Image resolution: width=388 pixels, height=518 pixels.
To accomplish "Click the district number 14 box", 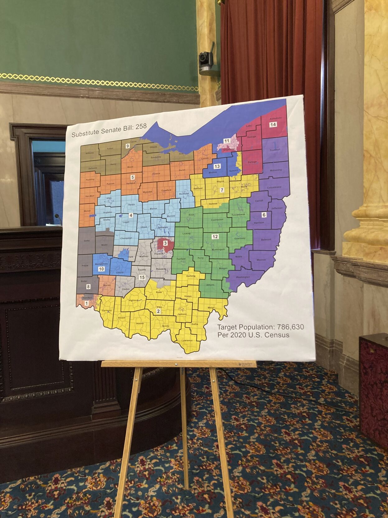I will pyautogui.click(x=273, y=125).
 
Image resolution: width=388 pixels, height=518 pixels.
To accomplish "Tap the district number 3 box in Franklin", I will pyautogui.click(x=165, y=243).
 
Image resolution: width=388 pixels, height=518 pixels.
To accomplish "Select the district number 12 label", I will pyautogui.click(x=215, y=237).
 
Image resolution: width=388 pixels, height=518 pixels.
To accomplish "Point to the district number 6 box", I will pyautogui.click(x=264, y=215).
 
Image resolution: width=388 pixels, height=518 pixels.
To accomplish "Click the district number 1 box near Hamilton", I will pyautogui.click(x=86, y=303).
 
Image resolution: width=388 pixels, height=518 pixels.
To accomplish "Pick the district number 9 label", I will pyautogui.click(x=127, y=146).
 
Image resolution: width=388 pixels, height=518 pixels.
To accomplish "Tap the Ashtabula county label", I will pyautogui.click(x=275, y=118).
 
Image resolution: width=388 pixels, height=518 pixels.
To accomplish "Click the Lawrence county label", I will pyautogui.click(x=187, y=340).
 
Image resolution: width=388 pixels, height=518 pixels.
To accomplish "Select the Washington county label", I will pyautogui.click(x=243, y=277).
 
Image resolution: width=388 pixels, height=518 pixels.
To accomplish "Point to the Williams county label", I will pyautogui.click(x=90, y=153).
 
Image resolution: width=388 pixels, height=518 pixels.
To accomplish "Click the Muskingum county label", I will pyautogui.click(x=218, y=249).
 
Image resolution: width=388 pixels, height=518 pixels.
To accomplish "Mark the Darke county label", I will pyautogui.click(x=86, y=240).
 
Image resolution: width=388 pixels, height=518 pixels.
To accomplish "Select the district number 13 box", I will pyautogui.click(x=217, y=166).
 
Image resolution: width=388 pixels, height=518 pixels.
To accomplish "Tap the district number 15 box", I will pyautogui.click(x=142, y=277).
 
